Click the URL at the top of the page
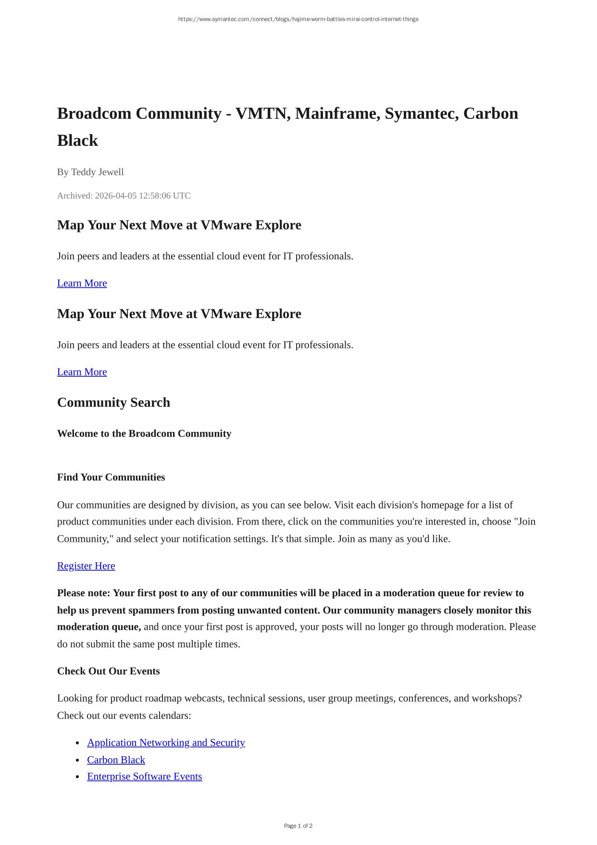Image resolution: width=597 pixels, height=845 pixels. (298, 19)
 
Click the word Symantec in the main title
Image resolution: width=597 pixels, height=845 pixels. (421, 114)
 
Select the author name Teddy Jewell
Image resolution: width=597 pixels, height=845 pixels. (97, 172)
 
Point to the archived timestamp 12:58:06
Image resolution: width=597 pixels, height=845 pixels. (155, 196)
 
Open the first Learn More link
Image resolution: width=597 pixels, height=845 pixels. (82, 283)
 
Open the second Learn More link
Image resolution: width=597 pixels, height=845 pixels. (82, 372)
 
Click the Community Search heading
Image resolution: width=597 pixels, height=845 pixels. (113, 403)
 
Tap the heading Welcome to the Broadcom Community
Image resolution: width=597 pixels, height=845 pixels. (144, 434)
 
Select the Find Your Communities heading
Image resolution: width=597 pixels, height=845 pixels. (111, 477)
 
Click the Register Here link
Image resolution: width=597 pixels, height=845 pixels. (86, 566)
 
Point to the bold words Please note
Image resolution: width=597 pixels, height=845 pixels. (83, 593)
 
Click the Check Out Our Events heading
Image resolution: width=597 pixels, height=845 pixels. (108, 671)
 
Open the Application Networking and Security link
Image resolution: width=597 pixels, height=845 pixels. (166, 743)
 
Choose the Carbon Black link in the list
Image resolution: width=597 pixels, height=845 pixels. (116, 760)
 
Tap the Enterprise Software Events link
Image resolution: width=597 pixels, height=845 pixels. (144, 776)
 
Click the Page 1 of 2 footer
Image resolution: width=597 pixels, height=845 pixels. (298, 826)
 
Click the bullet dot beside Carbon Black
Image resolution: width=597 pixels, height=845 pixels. (78, 760)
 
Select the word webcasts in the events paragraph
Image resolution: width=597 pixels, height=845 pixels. (204, 698)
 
